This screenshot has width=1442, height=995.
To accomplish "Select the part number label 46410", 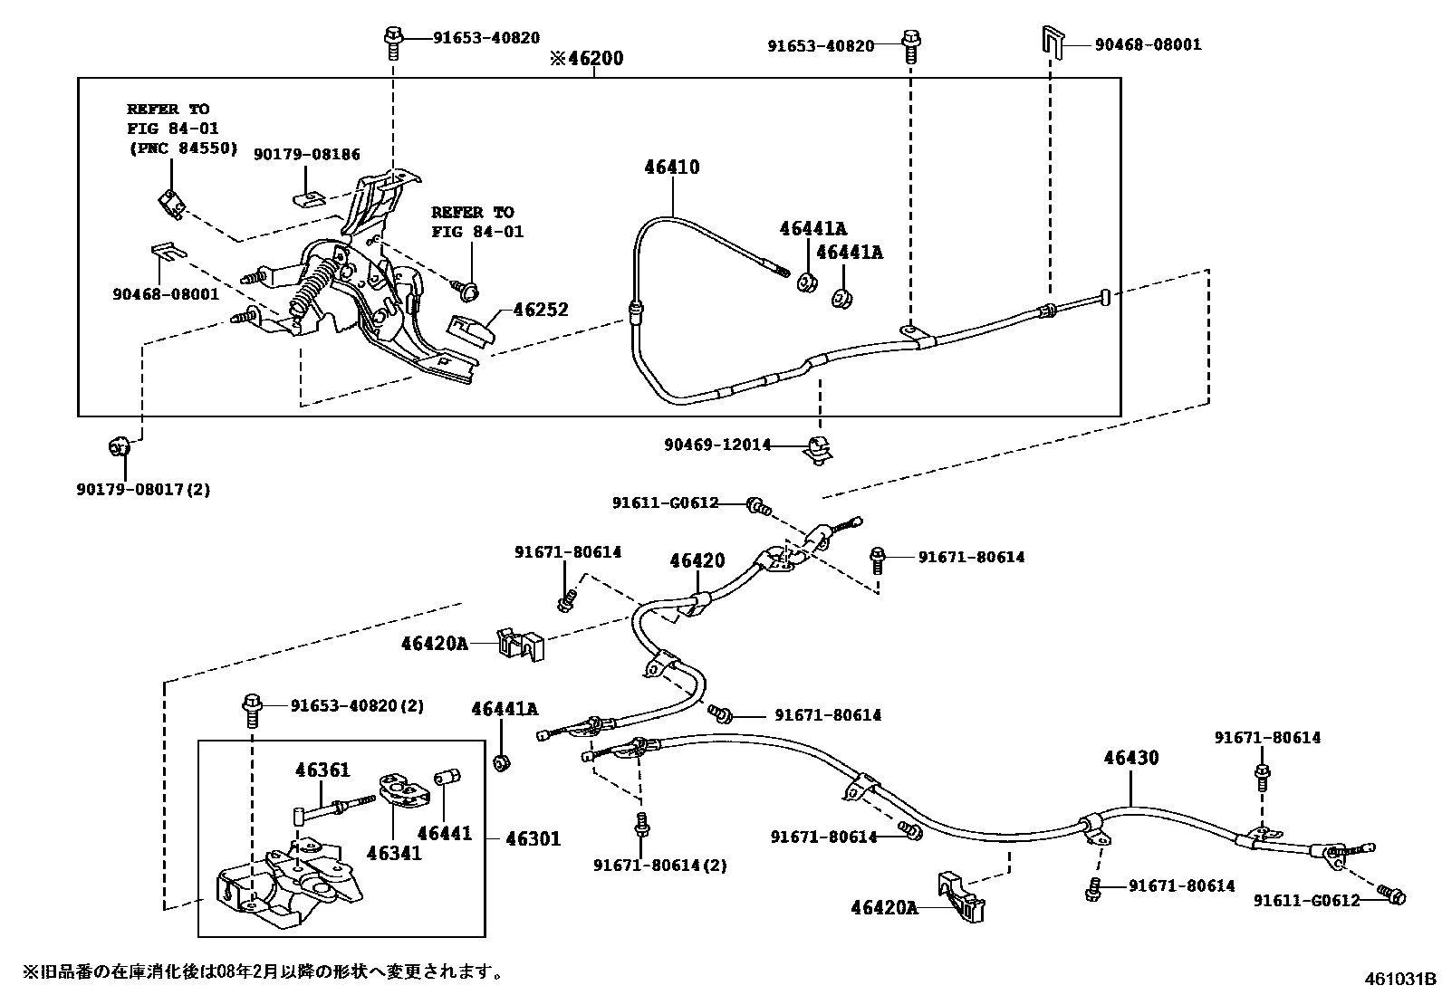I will click(672, 167).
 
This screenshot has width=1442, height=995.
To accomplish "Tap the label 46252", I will click(541, 310).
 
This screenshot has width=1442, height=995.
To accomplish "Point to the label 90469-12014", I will click(716, 445).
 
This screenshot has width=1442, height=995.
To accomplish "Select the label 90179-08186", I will click(307, 155).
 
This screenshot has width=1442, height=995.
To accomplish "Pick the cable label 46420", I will click(697, 561).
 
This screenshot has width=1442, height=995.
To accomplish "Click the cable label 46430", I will click(1130, 758).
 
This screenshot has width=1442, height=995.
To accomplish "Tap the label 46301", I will click(532, 839).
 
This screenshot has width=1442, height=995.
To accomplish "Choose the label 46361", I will click(322, 770).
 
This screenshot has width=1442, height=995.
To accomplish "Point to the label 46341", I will click(394, 852).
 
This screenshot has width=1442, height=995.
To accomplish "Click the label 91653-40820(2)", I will click(357, 705).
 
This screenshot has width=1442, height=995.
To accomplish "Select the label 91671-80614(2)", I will click(660, 865).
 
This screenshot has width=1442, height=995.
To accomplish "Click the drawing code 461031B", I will click(1401, 979).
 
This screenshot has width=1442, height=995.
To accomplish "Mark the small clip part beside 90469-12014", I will click(819, 448).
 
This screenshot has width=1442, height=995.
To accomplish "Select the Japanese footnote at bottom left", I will click(263, 972).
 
